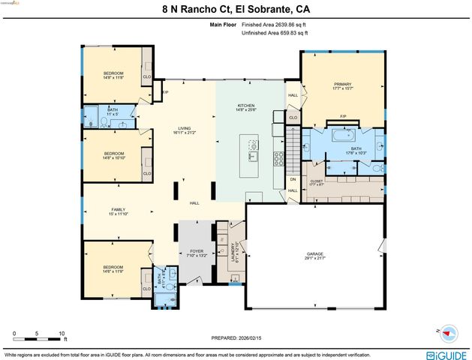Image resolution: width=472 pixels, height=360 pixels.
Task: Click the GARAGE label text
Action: pos(314,254)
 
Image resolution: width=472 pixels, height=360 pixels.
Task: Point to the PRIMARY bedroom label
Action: pos(341,85)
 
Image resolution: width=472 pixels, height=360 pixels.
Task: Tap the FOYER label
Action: pos(197,251)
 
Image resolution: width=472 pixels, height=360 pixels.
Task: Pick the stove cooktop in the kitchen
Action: pos(279,158)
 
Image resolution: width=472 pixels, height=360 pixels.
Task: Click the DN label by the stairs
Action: pos(293,179)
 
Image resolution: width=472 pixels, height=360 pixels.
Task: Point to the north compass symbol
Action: pos(448,331)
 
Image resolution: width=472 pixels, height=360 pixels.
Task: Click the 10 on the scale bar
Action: pos(62,333)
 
